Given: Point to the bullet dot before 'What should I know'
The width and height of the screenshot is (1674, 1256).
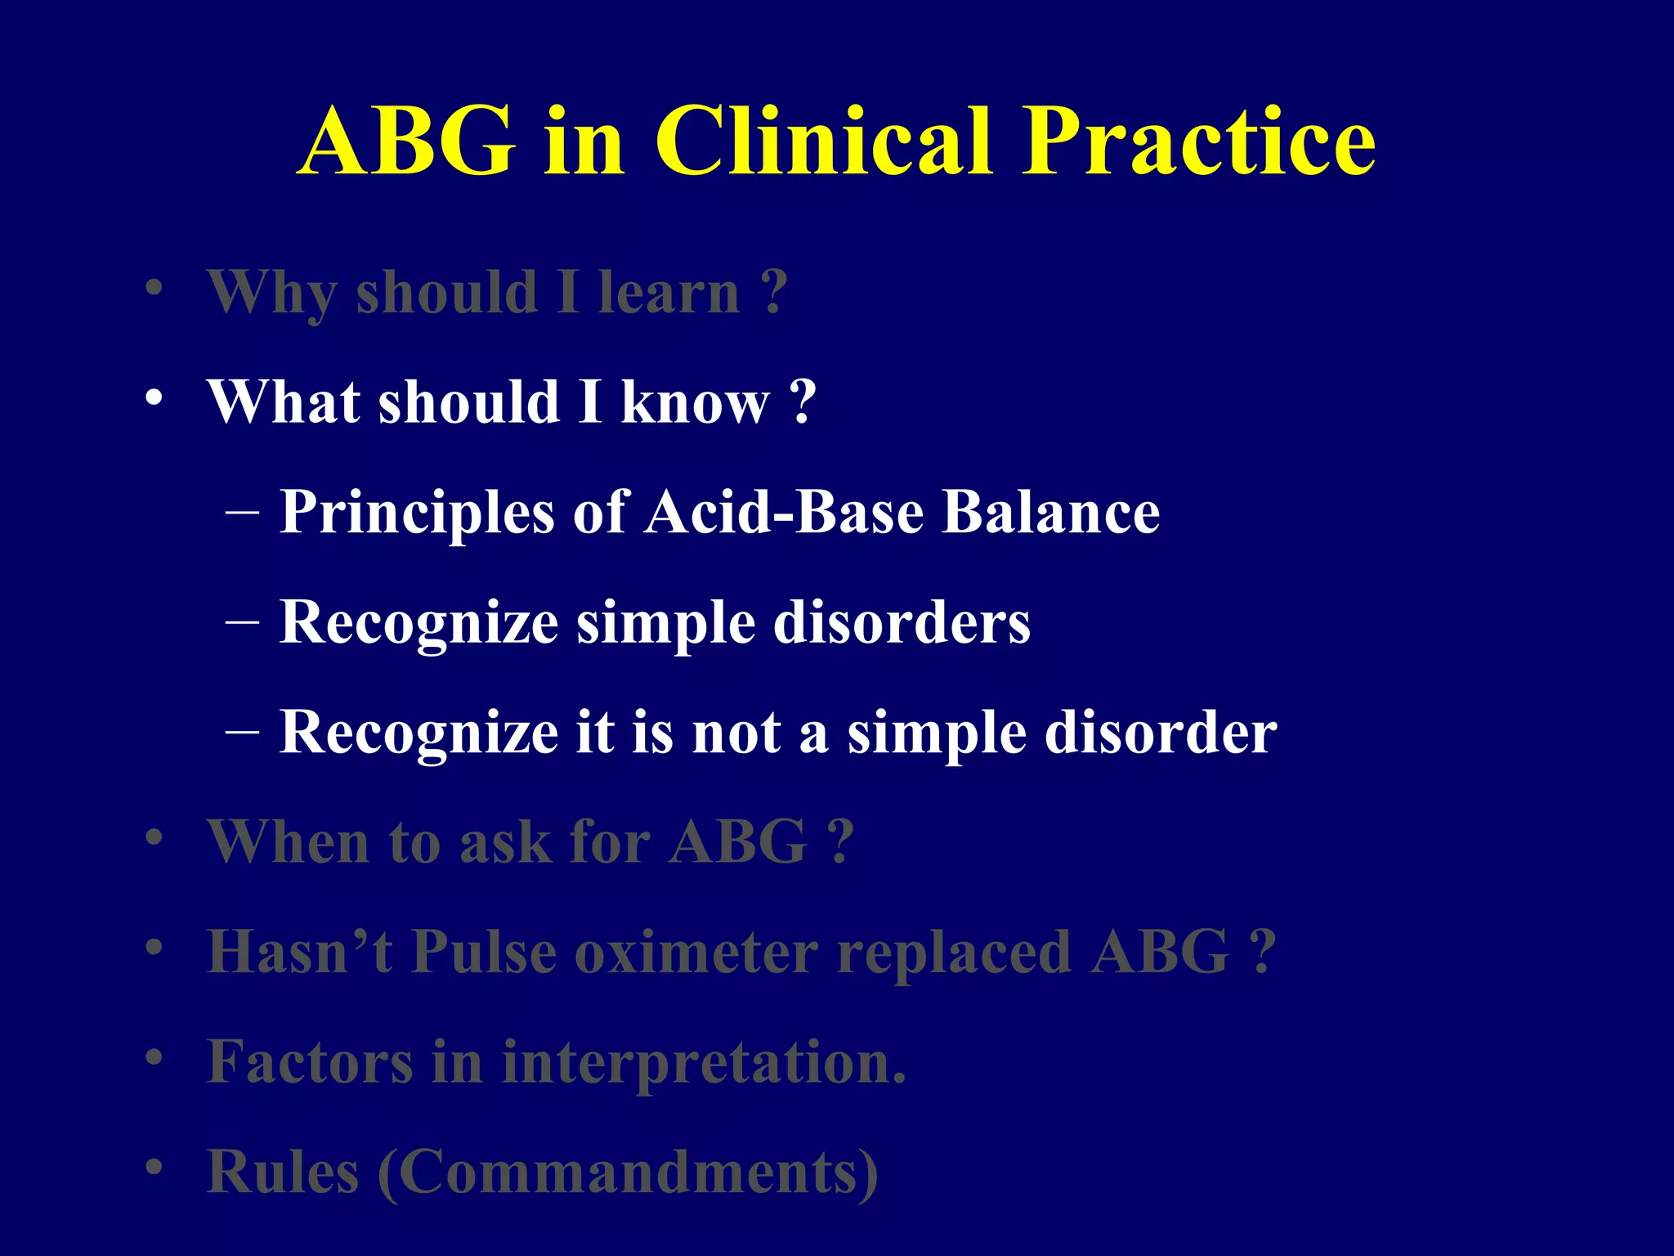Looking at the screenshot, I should coord(154,399).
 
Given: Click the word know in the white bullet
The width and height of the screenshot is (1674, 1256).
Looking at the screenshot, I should coord(695,402).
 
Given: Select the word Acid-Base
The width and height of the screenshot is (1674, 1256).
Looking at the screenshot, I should coord(785,513).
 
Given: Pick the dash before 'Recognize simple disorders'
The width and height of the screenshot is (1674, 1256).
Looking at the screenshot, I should coord(242,621).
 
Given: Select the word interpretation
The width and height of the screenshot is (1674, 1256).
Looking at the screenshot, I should coord(703,1063).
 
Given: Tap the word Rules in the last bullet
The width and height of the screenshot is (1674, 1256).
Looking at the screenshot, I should coord(283,1172).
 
